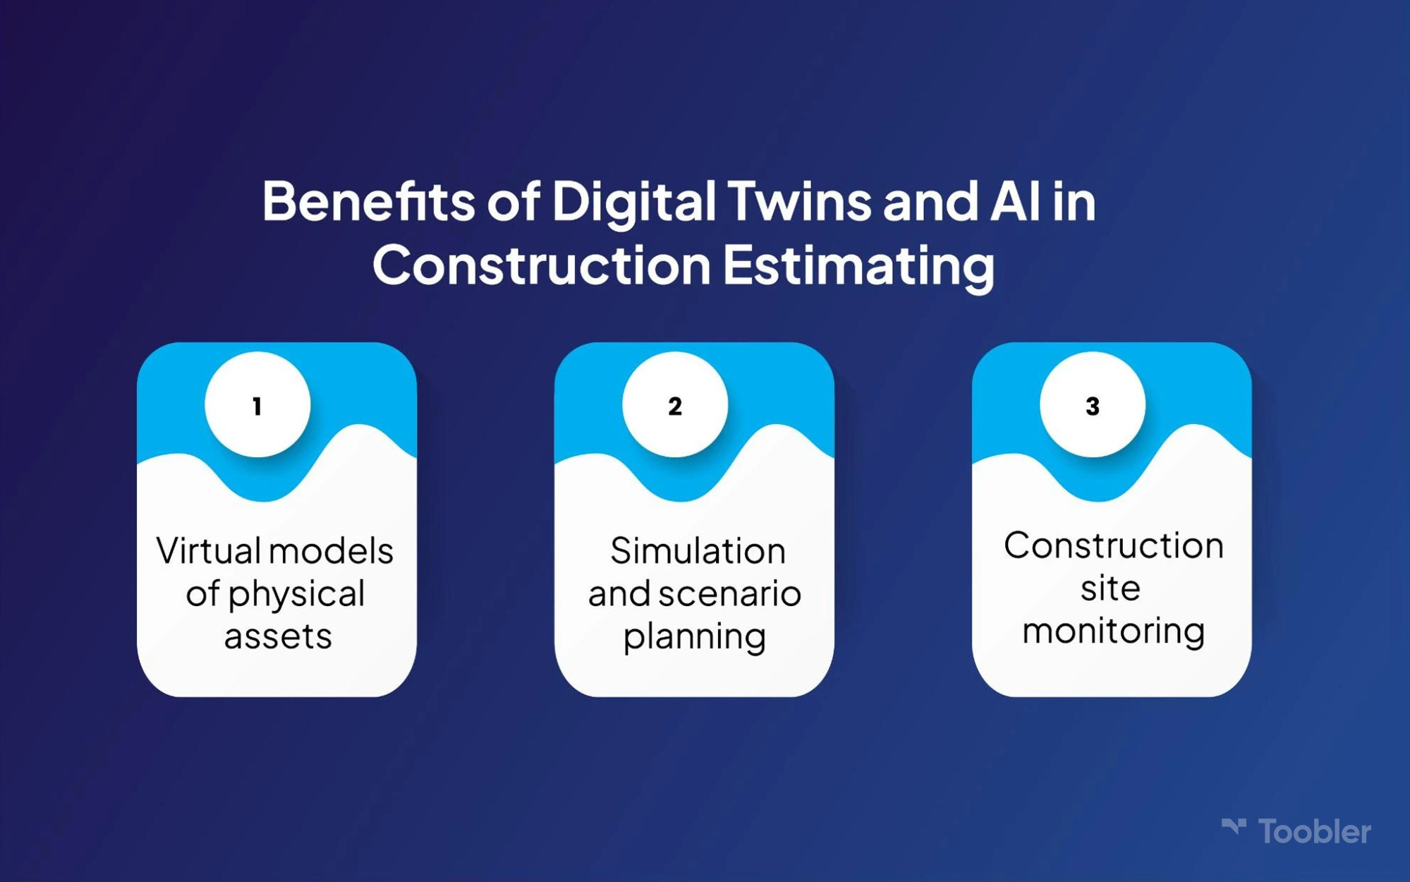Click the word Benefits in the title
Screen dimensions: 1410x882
point(368,201)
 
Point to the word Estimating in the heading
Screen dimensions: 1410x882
point(859,267)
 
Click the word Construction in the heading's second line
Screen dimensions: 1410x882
point(542,265)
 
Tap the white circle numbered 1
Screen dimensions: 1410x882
point(257,404)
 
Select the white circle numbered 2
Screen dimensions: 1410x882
point(675,404)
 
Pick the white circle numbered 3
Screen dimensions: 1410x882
point(1093,404)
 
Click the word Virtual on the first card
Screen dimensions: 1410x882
point(209,550)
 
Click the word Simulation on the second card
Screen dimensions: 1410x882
point(698,550)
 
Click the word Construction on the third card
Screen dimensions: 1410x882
point(1113,545)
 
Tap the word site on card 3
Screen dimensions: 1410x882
point(1110,587)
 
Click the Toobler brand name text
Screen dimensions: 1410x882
point(1314,832)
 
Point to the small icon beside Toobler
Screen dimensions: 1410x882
point(1234,826)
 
